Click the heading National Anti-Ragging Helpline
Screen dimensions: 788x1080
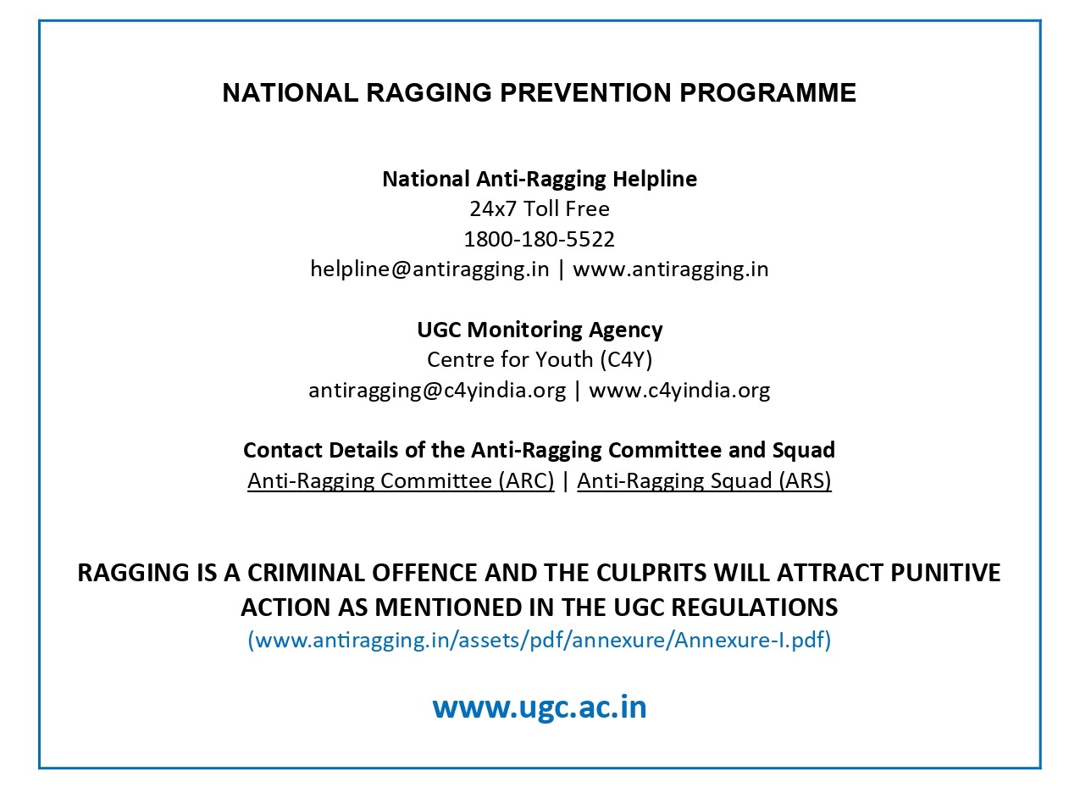click(x=540, y=179)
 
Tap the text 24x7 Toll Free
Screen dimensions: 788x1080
click(x=540, y=208)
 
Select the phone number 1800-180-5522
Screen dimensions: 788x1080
click(x=540, y=239)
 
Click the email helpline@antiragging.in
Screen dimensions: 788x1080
click(x=429, y=269)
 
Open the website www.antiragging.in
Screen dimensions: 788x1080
click(x=671, y=269)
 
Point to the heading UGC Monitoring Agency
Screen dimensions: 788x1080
click(x=540, y=329)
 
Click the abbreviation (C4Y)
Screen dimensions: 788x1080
click(x=625, y=359)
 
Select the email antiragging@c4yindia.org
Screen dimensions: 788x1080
click(x=436, y=390)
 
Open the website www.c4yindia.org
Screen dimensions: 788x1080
click(x=679, y=390)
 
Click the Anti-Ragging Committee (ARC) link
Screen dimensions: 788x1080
click(x=401, y=480)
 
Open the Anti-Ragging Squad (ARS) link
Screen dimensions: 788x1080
click(x=704, y=480)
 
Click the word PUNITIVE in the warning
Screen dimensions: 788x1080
click(x=945, y=573)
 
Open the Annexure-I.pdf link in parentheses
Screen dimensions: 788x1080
click(x=540, y=640)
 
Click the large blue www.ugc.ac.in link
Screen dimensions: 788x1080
click(x=540, y=706)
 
